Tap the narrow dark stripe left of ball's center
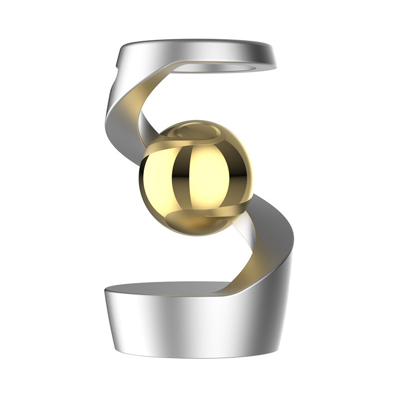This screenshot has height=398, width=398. pyautogui.click(x=175, y=174)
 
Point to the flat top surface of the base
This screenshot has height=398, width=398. pyautogui.click(x=164, y=289)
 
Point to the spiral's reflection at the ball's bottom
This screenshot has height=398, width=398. pyautogui.click(x=189, y=216)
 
